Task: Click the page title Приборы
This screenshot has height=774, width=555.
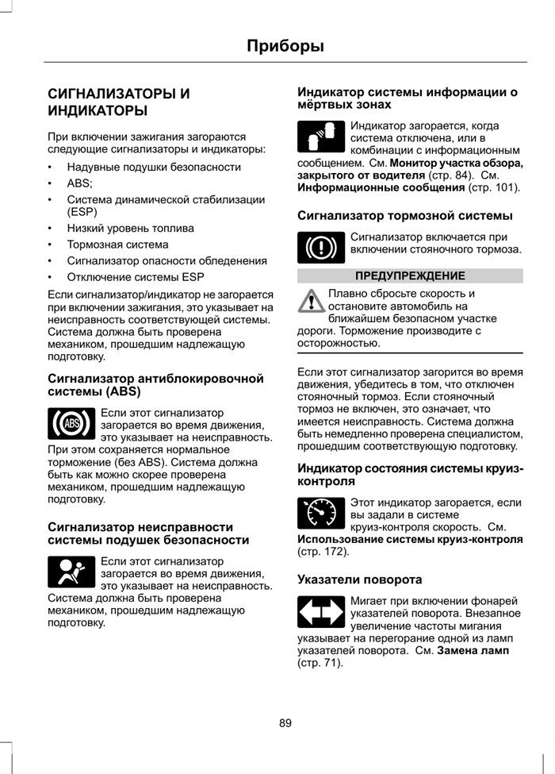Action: coord(285,46)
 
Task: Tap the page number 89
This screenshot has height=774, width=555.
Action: coord(285,722)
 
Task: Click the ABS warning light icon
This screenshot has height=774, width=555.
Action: coord(71,423)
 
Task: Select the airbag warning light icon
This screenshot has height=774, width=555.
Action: coord(71,572)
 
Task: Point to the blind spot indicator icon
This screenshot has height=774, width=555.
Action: coord(321,137)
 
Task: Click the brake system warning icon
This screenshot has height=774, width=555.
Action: coord(321,247)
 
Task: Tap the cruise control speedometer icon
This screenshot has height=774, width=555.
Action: coord(321,514)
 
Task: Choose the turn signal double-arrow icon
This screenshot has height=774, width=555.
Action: coord(321,613)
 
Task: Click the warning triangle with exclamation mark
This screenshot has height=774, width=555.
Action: coord(312,301)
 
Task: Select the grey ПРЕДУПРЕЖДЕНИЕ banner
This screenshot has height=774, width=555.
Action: coord(410,275)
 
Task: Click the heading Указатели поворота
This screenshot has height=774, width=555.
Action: coord(359,580)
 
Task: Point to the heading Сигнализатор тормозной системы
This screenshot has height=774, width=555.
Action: coord(404,215)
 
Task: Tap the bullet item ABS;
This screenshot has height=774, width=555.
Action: coord(80,183)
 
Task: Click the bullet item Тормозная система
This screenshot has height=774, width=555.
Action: coord(117,245)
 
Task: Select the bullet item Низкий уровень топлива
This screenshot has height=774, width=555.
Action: coord(130,229)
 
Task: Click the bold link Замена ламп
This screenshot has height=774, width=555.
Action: coord(473,650)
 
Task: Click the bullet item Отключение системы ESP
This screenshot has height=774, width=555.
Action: coord(135,277)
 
